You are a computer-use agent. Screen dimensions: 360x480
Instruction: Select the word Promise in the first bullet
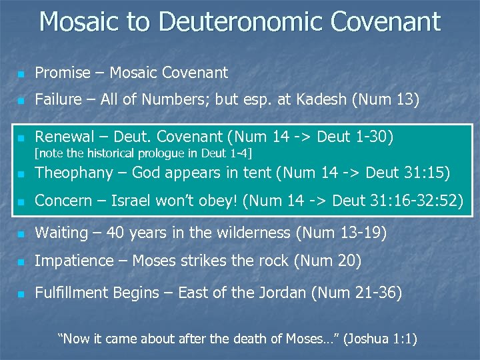62,73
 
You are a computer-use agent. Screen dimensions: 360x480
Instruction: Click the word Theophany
71,173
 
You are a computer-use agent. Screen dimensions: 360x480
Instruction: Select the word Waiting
61,233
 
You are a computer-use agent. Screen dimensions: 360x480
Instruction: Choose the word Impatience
74,261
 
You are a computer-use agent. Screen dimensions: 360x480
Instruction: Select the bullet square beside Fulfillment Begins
21,294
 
